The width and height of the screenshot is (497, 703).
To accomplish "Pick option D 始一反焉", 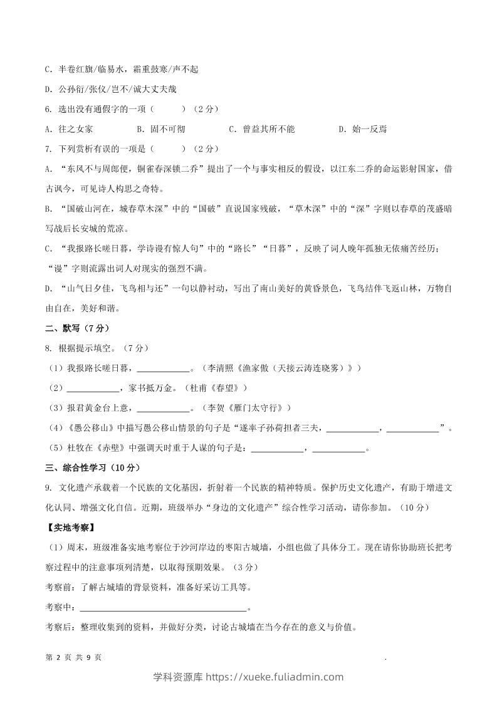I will tap(362, 129).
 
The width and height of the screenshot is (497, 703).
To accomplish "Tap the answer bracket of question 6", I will tap(167, 109).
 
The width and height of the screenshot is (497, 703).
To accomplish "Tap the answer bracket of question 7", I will tap(167, 149).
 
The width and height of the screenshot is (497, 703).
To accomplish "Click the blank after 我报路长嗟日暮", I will tap(162, 368).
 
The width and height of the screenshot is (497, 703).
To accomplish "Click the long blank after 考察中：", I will tap(164, 608).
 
